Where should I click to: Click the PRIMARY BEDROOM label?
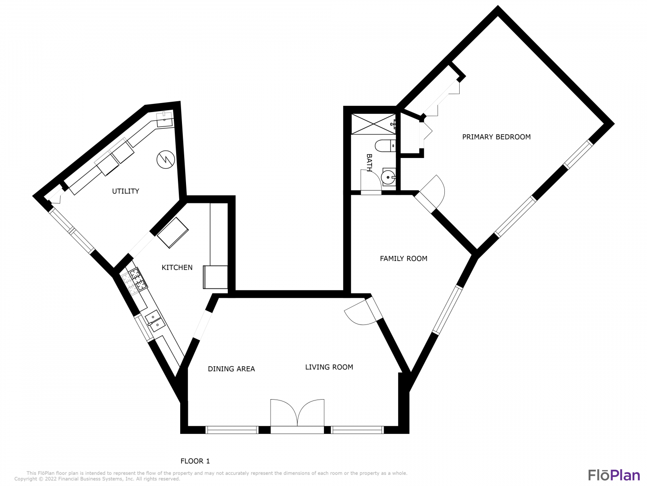coord(496,137)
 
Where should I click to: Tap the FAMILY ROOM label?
coord(403,258)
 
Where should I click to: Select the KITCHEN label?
coord(177,267)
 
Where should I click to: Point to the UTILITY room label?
coord(125,191)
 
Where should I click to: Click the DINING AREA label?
coord(231,369)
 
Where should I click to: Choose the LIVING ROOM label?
coord(329,367)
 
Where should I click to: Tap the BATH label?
coord(369,162)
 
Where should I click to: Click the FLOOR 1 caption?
coord(195,461)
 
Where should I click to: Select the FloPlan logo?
coord(614,475)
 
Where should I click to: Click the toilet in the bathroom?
coord(386,145)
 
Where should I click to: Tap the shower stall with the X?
coord(373,124)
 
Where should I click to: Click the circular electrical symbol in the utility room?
coord(165,160)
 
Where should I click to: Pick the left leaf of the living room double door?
coord(284,413)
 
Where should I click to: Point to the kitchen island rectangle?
coord(173,233)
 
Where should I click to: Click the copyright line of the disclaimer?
coord(97,479)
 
